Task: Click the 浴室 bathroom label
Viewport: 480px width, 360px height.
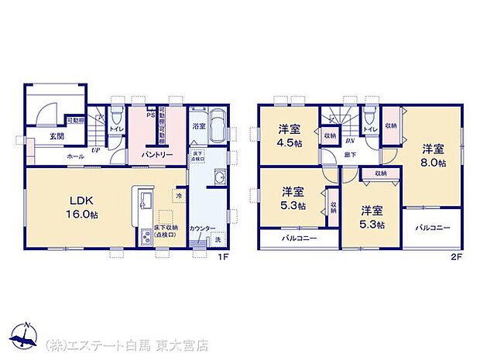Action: click(198, 124)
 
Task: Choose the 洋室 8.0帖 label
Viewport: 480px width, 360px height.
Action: click(433, 154)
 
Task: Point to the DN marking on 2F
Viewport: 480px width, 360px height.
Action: click(351, 141)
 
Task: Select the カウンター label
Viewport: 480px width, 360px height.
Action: click(201, 229)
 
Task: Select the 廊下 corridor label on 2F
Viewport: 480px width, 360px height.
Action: click(351, 156)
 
